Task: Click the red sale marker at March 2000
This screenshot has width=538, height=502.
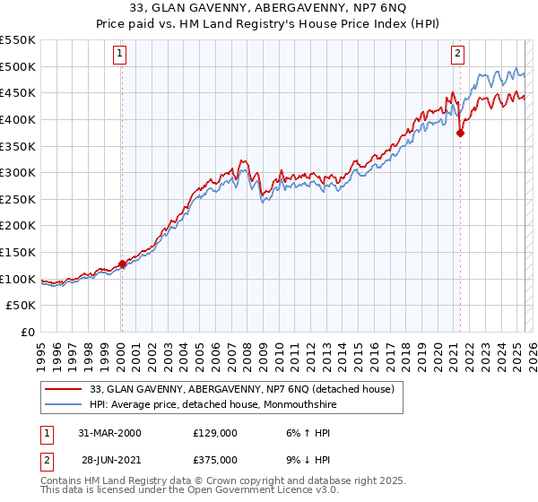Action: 122,264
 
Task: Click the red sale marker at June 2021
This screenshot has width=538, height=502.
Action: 460,134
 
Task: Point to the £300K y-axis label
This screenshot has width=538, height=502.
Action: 18,172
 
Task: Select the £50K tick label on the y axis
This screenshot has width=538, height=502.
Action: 22,306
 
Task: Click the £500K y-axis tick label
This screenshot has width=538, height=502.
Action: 18,66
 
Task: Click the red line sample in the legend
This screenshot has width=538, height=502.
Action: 65,389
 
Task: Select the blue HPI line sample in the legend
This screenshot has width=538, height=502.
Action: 65,404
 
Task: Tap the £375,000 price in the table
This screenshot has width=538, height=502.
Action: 214,459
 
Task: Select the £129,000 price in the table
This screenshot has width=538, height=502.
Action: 214,433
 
